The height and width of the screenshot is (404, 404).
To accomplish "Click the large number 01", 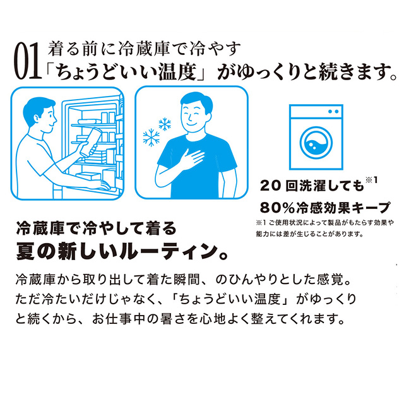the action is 28,61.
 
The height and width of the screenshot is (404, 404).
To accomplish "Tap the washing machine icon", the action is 316,137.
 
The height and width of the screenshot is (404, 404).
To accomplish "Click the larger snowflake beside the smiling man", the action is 151,137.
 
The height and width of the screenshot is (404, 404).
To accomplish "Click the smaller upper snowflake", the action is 165,124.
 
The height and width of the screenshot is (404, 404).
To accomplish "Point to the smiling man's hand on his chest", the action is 191,157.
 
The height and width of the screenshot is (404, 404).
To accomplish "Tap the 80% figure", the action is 277,208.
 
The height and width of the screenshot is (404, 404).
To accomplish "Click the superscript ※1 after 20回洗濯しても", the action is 372,179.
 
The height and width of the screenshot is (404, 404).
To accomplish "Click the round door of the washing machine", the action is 316,143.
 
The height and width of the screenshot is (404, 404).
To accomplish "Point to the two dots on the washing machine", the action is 333,112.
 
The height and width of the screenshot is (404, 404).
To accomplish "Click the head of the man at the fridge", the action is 39,115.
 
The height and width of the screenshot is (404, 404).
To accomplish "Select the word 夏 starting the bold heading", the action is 25,252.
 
